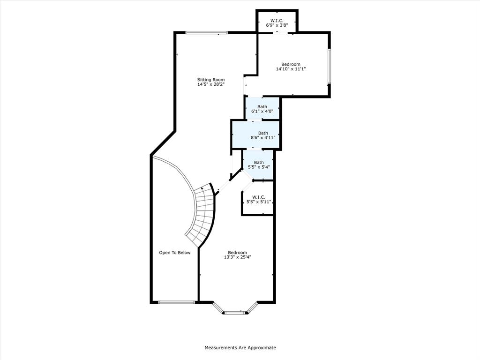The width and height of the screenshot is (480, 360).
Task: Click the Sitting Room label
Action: (x=210, y=80)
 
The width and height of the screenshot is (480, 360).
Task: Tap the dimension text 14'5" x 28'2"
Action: (x=210, y=85)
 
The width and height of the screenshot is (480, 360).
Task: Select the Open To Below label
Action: (x=174, y=253)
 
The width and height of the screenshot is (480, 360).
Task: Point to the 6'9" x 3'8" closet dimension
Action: (x=277, y=26)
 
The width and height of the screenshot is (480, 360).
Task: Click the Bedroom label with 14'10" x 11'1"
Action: (x=291, y=64)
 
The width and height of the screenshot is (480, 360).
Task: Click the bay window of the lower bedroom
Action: (x=235, y=311)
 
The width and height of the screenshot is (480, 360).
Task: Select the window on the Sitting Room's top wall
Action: (x=207, y=32)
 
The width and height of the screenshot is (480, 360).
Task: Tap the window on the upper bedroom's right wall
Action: (x=329, y=66)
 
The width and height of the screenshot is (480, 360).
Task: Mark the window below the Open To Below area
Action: (x=176, y=302)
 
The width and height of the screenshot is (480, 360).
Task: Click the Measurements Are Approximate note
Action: (x=240, y=348)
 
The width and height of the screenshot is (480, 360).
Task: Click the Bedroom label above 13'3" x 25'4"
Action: (x=237, y=252)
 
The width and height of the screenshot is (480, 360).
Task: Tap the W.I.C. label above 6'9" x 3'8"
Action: (x=277, y=21)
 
